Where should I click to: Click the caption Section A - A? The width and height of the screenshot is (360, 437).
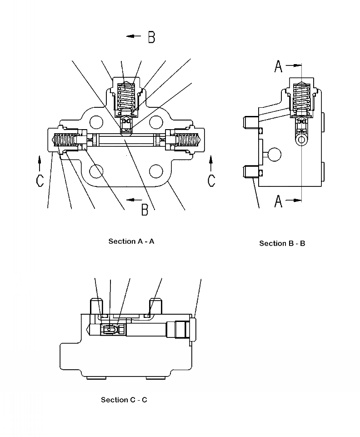(x=131, y=241)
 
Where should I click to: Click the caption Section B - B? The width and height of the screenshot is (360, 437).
(x=282, y=244)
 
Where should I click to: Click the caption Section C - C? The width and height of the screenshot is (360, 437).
(x=124, y=400)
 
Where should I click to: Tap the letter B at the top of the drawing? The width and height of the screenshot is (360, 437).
(x=152, y=37)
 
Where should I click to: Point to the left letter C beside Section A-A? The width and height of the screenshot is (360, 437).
(x=40, y=181)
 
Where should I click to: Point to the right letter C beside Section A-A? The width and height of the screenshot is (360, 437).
(x=211, y=181)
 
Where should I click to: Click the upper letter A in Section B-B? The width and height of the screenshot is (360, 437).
(x=278, y=67)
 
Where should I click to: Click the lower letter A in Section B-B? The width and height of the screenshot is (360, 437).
(x=278, y=201)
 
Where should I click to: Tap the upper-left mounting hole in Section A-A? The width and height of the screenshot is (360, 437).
(x=96, y=121)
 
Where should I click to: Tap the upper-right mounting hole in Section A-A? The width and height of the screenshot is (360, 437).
(x=156, y=121)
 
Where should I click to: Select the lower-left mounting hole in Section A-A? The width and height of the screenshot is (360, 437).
(x=96, y=171)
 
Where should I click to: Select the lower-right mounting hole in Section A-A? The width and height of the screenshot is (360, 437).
(x=156, y=171)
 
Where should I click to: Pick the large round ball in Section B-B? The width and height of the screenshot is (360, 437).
(x=274, y=154)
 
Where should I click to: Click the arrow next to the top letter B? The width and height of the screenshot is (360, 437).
(x=134, y=36)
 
